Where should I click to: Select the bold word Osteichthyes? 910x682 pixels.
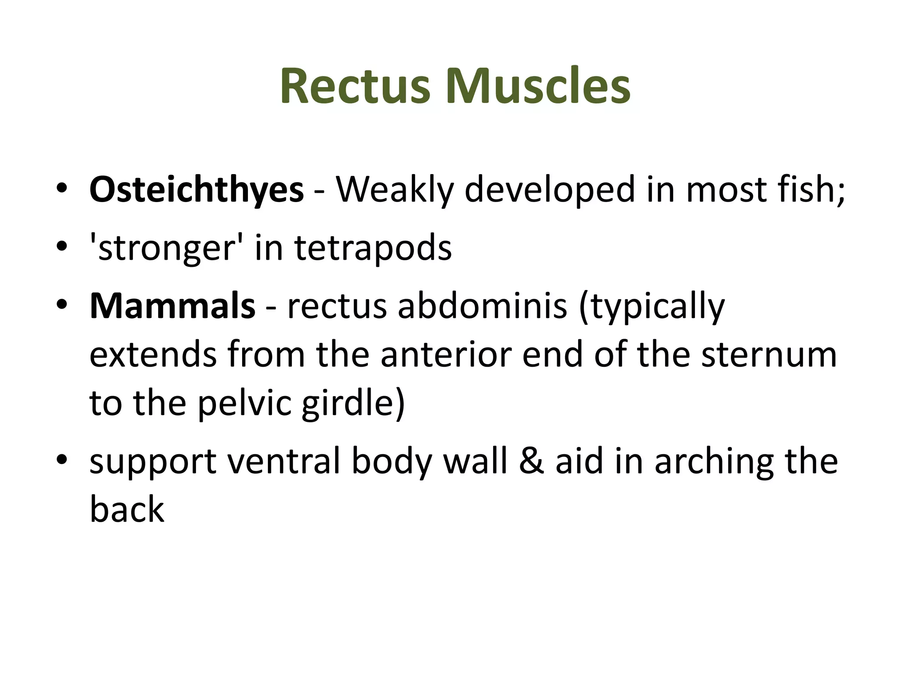pos(196,190)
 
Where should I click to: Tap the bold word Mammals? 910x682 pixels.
pos(172,306)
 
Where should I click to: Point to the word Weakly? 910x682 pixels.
pos(395,190)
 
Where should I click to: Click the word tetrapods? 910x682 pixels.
pos(373,248)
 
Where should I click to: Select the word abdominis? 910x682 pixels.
pos(483,306)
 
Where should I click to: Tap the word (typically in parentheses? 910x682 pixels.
pos(651,306)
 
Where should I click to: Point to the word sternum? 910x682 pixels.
pos(769,355)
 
